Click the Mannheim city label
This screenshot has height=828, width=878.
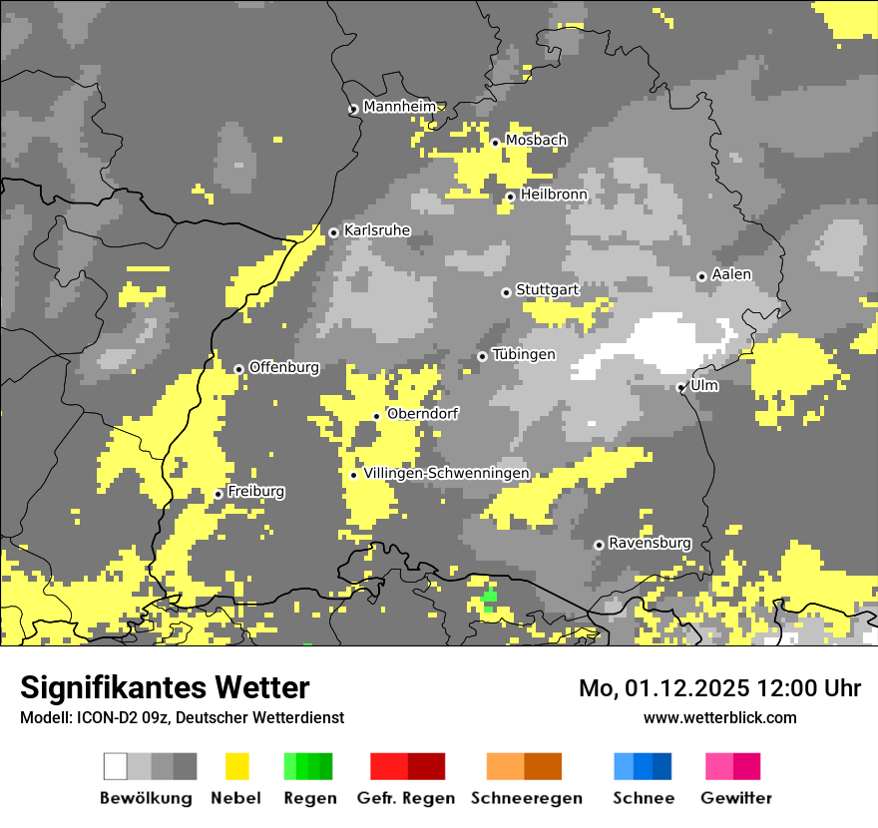tap(399, 107)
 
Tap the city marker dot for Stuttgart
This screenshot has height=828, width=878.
tap(506, 292)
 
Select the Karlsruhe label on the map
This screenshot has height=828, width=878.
tap(376, 230)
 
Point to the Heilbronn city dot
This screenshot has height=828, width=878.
tap(510, 197)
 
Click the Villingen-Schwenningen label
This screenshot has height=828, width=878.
tap(446, 473)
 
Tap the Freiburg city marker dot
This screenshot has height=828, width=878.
tap(219, 494)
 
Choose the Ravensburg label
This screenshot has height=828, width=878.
tap(650, 543)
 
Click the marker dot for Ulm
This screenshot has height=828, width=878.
tap(680, 387)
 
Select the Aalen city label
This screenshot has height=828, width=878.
tap(731, 274)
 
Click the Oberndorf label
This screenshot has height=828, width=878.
tap(421, 413)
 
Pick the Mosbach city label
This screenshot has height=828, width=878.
tap(536, 141)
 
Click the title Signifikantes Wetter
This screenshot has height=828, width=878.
tap(165, 687)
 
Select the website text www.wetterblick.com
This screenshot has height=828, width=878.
tap(719, 717)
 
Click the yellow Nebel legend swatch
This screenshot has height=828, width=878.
tap(237, 766)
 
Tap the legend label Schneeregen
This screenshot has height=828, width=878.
tap(526, 798)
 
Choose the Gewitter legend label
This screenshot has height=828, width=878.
tap(735, 798)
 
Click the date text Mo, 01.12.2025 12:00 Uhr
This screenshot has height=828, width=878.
tap(719, 688)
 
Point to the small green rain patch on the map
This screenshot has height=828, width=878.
tap(489, 598)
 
